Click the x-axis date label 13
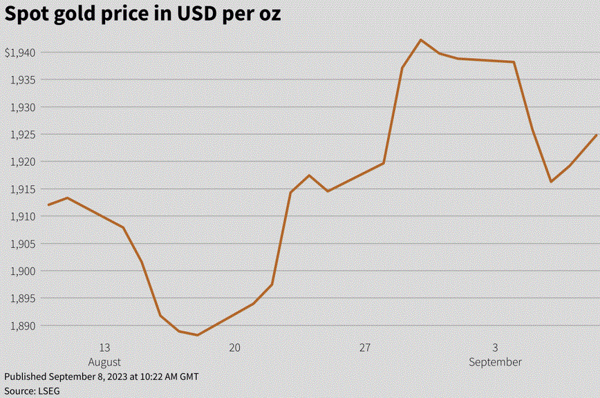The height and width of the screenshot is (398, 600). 104,348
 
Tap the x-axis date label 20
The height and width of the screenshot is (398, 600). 234,348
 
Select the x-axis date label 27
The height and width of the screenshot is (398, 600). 365,348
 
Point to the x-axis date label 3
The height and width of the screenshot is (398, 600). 495,348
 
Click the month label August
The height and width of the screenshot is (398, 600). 104,362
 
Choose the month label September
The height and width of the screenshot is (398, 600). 495,362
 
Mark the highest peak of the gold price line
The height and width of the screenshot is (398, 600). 421,40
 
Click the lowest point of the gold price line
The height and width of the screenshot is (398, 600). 198,335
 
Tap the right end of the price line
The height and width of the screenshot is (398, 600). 597,135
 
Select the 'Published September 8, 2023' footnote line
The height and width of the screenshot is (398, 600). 102,377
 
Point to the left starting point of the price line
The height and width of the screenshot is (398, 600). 48,205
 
